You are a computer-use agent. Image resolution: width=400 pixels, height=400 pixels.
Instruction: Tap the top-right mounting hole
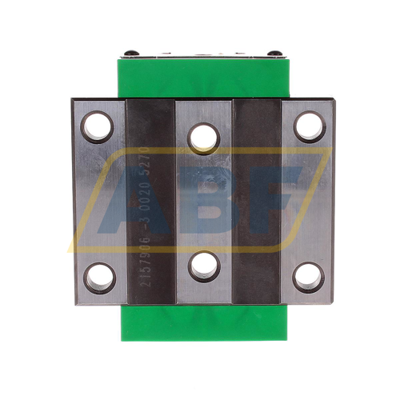tap(308, 126)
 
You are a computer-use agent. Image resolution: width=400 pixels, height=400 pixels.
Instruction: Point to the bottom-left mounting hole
tap(99, 277)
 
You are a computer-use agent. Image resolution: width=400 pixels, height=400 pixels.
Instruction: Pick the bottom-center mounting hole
tap(204, 266)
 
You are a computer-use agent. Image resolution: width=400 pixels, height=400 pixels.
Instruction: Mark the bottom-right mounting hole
tap(308, 277)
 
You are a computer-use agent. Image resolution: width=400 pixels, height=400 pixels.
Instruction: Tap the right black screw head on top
tap(274, 53)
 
